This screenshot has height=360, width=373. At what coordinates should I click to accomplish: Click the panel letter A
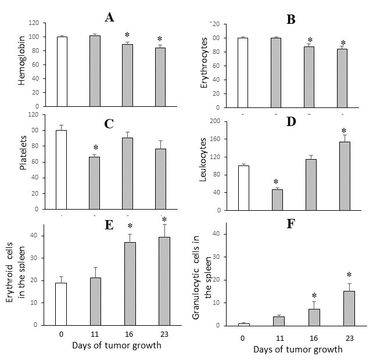point(109,17)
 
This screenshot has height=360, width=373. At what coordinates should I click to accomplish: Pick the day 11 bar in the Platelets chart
point(94,182)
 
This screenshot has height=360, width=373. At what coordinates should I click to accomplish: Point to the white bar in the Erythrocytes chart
point(242,72)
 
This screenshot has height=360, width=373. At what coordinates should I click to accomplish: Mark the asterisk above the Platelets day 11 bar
point(95,147)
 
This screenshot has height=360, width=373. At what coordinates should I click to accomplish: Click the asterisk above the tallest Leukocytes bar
point(344,131)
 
